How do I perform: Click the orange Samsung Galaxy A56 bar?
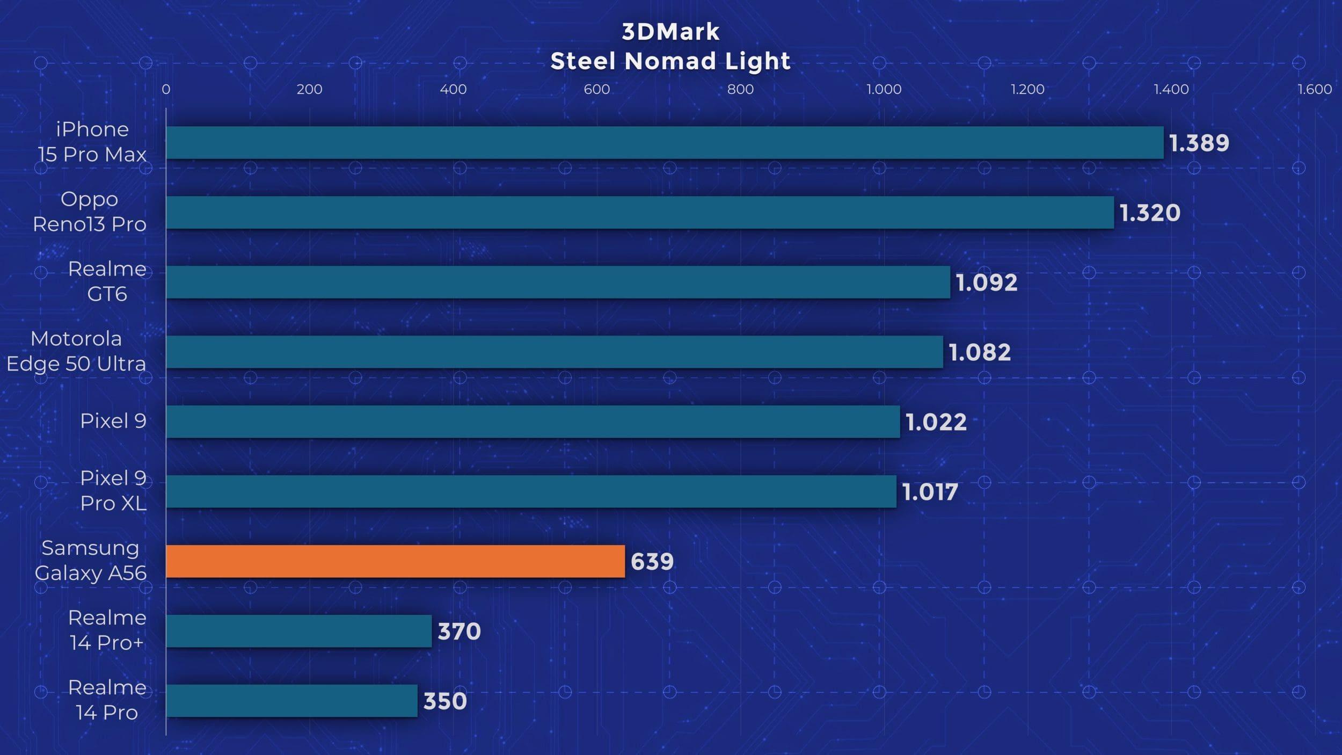click(x=395, y=561)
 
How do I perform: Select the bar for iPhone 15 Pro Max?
click(x=665, y=142)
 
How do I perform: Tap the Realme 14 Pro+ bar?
click(x=298, y=631)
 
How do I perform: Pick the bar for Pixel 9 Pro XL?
click(x=531, y=491)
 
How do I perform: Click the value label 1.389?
click(x=1199, y=143)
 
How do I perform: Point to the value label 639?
click(x=652, y=562)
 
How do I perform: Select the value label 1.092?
click(x=986, y=282)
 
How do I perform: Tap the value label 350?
click(x=444, y=701)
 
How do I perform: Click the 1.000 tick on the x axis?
click(x=884, y=89)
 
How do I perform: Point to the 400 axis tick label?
click(x=453, y=89)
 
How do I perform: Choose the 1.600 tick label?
click(x=1314, y=89)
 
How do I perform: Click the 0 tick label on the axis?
click(x=166, y=89)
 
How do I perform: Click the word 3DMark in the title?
click(x=670, y=32)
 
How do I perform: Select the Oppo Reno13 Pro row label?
click(x=90, y=212)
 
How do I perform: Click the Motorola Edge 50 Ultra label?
click(x=76, y=351)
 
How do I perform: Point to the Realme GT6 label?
click(x=107, y=281)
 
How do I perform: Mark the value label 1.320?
click(x=1149, y=213)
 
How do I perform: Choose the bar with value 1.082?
click(x=554, y=352)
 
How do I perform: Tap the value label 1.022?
click(x=936, y=422)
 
